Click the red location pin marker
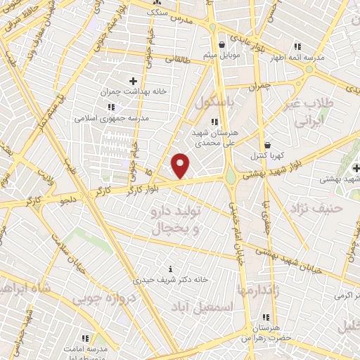[x=181, y=165]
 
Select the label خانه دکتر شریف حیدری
[x=172, y=278]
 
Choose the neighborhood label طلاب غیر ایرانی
[x=307, y=112]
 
